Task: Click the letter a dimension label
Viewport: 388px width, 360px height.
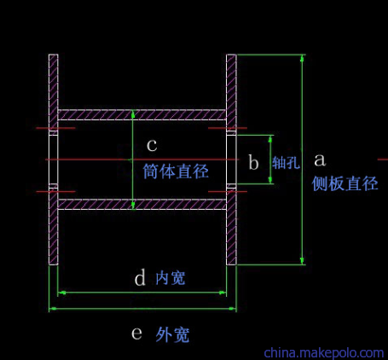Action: [320, 160]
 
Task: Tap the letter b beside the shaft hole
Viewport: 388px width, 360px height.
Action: [253, 162]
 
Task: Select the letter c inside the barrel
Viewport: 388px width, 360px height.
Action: [152, 145]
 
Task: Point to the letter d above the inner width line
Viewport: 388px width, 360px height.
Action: [140, 277]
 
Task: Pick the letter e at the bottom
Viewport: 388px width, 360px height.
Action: [136, 333]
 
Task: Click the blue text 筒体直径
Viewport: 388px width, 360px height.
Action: [176, 171]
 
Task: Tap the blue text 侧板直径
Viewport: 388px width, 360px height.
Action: [345, 183]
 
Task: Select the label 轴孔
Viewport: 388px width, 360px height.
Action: [286, 163]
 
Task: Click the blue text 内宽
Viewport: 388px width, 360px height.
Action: [171, 278]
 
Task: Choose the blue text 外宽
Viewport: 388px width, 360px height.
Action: [172, 334]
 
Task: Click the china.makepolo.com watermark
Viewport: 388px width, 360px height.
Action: [324, 353]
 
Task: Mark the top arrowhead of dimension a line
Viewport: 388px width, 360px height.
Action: [302, 58]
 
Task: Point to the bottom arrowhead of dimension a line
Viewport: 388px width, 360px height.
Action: [302, 261]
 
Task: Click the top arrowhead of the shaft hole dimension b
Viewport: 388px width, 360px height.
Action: [270, 139]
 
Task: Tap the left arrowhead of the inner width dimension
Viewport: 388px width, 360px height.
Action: [61, 293]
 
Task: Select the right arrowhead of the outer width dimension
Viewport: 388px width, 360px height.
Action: [233, 308]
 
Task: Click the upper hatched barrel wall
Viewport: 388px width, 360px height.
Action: [142, 114]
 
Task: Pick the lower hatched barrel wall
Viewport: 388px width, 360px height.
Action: [142, 205]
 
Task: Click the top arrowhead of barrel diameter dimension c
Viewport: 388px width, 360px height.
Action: [133, 113]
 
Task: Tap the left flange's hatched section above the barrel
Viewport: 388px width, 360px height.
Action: [54, 91]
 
